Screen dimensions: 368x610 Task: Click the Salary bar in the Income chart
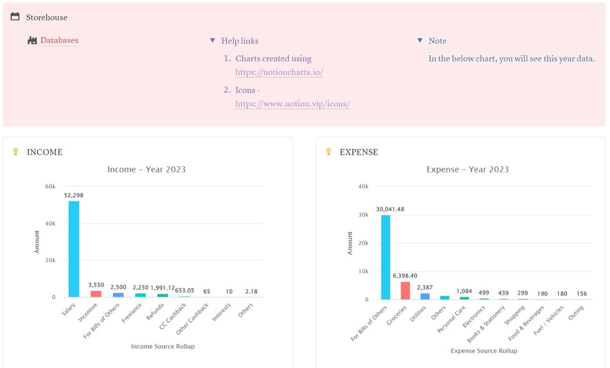pyautogui.click(x=73, y=249)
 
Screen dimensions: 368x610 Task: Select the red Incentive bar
pyautogui.click(x=96, y=294)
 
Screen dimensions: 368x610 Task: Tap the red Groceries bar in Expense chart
pyautogui.click(x=405, y=291)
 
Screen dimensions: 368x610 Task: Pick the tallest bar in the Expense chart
pyautogui.click(x=385, y=257)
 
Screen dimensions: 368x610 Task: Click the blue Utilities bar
pyautogui.click(x=425, y=296)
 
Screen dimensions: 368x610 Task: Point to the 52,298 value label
pyautogui.click(x=73, y=196)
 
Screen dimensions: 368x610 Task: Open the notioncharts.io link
pyautogui.click(x=279, y=72)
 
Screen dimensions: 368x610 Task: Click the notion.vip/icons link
pyautogui.click(x=293, y=104)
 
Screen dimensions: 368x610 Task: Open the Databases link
pyautogui.click(x=59, y=41)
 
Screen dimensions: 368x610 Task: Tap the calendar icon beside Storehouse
pyautogui.click(x=15, y=17)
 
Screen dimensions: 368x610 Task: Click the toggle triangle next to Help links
pyautogui.click(x=212, y=41)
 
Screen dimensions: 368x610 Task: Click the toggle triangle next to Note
pyautogui.click(x=420, y=41)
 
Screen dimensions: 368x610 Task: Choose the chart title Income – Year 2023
pyautogui.click(x=146, y=169)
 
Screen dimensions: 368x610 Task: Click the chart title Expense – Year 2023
pyautogui.click(x=467, y=169)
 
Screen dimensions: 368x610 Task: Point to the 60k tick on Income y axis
pyautogui.click(x=50, y=186)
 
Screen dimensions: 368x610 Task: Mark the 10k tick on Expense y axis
pyautogui.click(x=363, y=271)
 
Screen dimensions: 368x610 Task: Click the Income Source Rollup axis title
pyautogui.click(x=163, y=347)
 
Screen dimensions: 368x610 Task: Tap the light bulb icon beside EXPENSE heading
pyautogui.click(x=329, y=151)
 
